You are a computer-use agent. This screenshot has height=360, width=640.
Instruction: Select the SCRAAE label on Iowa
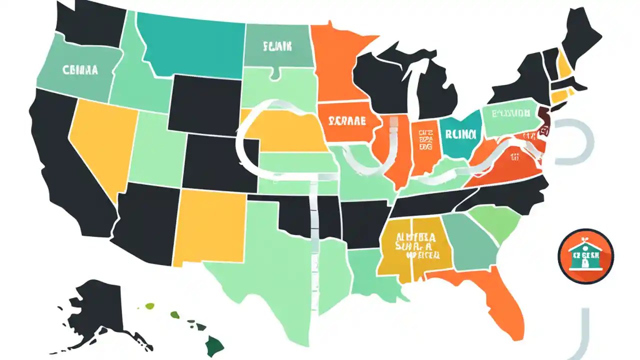click(x=347, y=121)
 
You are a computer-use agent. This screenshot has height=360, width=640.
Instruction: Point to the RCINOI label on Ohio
click(x=460, y=134)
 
